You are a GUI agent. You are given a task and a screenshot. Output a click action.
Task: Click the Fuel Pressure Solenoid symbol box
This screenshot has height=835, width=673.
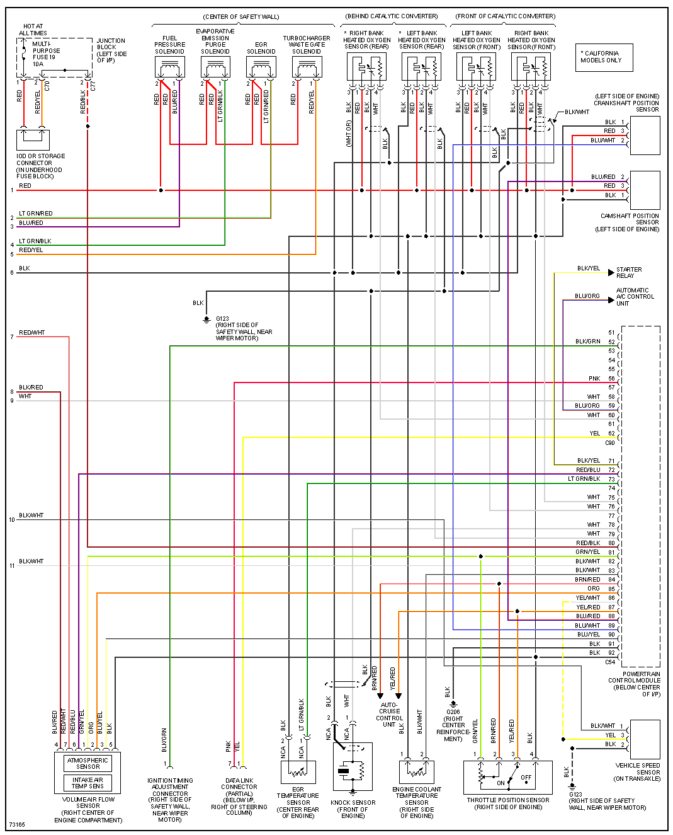[x=170, y=67]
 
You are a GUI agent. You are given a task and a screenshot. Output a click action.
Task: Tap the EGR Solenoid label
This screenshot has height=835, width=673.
[x=261, y=48]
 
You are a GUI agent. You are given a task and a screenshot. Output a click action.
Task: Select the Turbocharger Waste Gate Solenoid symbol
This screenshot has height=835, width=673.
[x=307, y=67]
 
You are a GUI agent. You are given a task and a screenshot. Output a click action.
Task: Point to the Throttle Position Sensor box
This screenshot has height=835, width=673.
[x=508, y=778]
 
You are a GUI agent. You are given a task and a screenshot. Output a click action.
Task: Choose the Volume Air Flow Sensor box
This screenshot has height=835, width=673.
[x=88, y=773]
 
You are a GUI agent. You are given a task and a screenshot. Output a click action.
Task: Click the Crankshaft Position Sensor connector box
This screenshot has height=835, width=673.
[x=645, y=135]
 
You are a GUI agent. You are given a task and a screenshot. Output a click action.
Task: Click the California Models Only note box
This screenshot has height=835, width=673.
[x=604, y=57]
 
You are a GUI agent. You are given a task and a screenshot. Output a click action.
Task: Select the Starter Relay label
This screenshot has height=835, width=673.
[x=629, y=272]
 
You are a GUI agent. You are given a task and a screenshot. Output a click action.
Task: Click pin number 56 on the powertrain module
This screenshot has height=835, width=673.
[x=611, y=379]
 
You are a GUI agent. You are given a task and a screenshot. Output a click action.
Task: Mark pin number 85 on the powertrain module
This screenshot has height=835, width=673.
[x=611, y=589]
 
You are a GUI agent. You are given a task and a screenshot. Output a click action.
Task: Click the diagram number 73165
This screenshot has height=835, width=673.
[x=17, y=824]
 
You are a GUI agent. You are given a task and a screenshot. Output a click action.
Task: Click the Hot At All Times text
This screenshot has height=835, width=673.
[x=33, y=30]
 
